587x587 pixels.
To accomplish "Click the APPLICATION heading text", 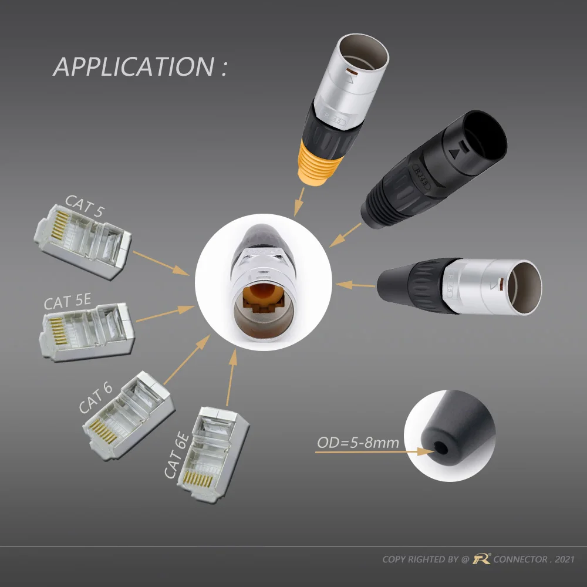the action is pyautogui.click(x=140, y=67).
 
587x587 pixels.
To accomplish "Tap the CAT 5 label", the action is pyautogui.click(x=84, y=205).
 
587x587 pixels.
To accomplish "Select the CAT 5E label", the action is pyautogui.click(x=68, y=301).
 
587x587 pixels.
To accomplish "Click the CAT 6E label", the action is pyautogui.click(x=177, y=455).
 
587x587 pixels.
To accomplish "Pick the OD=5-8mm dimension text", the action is pyautogui.click(x=358, y=443).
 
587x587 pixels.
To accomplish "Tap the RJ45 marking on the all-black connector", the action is pyautogui.click(x=421, y=177).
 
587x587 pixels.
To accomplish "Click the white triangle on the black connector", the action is pyautogui.click(x=454, y=153).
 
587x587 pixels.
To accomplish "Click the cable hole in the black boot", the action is pyautogui.click(x=441, y=447).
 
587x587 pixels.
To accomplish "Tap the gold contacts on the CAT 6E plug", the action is pyautogui.click(x=197, y=479).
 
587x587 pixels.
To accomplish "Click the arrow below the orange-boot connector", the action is pyautogui.click(x=299, y=202).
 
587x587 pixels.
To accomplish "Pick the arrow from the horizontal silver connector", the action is pyautogui.click(x=355, y=285).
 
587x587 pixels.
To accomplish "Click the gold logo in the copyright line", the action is pyautogui.click(x=481, y=559).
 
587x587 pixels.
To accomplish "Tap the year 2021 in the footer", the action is pyautogui.click(x=565, y=559).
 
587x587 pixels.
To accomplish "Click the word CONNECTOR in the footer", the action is pyautogui.click(x=520, y=559).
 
